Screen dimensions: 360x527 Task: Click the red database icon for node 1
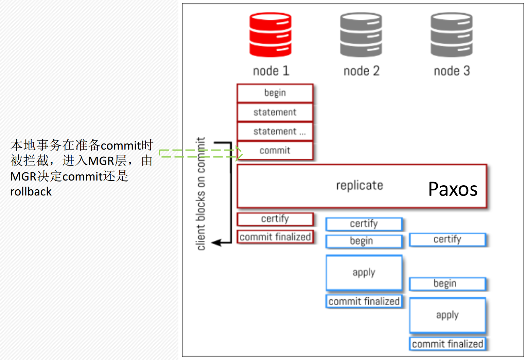coord(270,35)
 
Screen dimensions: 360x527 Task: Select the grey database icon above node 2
coord(361,35)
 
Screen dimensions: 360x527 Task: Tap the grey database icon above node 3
coord(452,35)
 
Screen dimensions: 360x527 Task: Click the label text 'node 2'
coord(361,71)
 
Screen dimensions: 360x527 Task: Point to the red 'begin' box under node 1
coord(275,93)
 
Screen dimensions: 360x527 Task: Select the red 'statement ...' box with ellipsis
coord(275,132)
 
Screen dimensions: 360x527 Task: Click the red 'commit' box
coord(275,151)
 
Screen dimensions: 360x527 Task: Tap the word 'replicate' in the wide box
coord(359,186)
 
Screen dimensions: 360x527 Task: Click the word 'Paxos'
coord(453,189)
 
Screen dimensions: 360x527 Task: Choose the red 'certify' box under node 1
coord(275,219)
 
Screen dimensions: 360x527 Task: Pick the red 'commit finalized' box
coord(275,237)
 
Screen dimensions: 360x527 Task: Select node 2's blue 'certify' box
coord(364,224)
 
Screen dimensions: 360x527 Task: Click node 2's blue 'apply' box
coord(364,273)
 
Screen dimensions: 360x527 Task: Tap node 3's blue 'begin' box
coord(447,284)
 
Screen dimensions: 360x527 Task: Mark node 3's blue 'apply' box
coord(447,315)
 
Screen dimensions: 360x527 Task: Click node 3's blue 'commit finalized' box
coord(447,344)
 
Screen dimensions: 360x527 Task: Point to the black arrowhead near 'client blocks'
coord(216,243)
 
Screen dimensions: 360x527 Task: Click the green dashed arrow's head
coord(240,153)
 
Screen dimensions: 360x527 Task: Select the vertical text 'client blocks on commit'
coord(201,194)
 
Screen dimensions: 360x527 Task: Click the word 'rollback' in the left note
coord(31,192)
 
